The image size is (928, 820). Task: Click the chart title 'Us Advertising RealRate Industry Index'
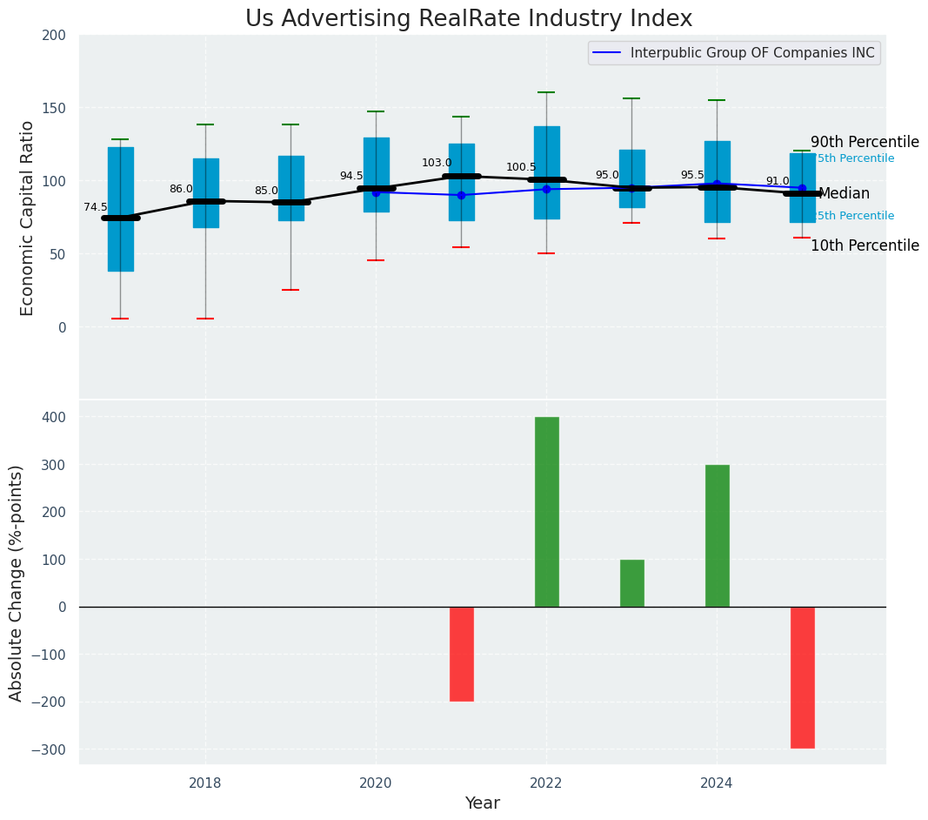tap(469, 19)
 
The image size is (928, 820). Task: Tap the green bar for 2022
tap(547, 512)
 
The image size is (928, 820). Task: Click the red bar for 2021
tap(462, 654)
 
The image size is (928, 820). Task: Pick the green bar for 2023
tap(632, 583)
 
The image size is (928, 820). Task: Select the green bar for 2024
tap(718, 535)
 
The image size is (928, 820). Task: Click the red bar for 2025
tap(803, 677)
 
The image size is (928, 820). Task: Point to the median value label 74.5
tap(96, 207)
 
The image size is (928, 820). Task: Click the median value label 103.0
tap(437, 163)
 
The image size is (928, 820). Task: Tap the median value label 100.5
tap(521, 167)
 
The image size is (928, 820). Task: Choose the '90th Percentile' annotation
tap(865, 142)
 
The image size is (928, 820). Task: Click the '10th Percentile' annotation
tap(865, 245)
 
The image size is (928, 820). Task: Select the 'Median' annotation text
tap(844, 194)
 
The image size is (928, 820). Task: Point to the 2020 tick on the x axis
tap(376, 783)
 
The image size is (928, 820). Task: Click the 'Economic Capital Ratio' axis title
tap(27, 218)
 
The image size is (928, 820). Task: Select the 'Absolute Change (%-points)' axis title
tap(17, 582)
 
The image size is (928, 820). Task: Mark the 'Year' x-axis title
tap(482, 803)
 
